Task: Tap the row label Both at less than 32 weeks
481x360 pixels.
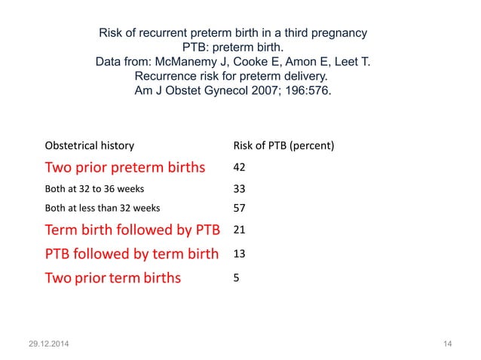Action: click(x=103, y=208)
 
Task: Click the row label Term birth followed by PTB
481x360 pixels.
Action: click(x=132, y=229)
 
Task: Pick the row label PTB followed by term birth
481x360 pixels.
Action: click(x=132, y=254)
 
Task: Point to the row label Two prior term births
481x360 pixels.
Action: click(x=113, y=278)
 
